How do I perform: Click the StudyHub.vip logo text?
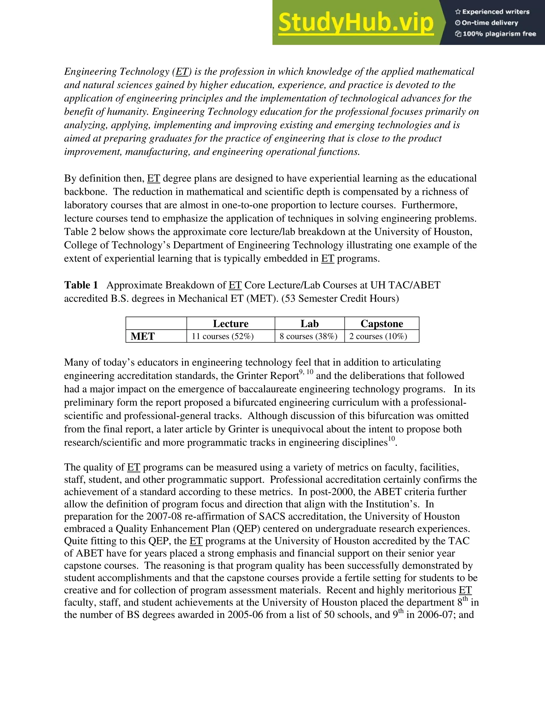click(356, 23)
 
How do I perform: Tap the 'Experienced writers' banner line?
click(492, 12)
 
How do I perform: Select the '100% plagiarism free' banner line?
click(496, 34)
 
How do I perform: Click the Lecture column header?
click(230, 324)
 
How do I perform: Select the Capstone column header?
click(382, 324)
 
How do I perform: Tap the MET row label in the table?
click(143, 336)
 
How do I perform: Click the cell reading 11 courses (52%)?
click(223, 336)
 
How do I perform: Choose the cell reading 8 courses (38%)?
click(308, 336)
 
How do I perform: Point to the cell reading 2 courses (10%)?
click(378, 336)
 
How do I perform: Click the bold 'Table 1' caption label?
click(81, 285)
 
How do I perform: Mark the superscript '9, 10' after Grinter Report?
click(306, 372)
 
